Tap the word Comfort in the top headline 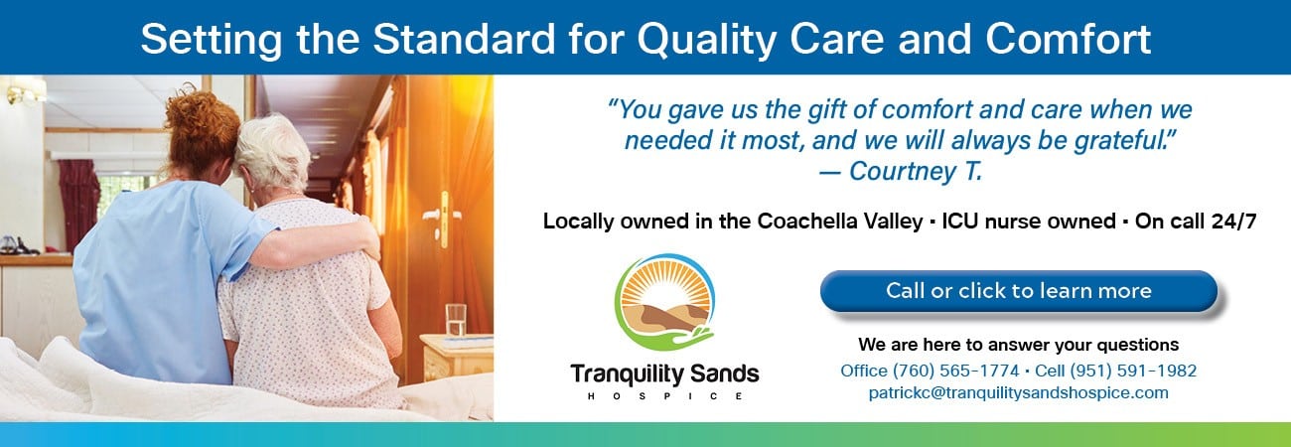point(1068,39)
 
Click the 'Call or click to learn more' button point(1018,291)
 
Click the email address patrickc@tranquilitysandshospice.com point(1018,392)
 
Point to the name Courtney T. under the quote point(916,171)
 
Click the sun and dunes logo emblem point(664,302)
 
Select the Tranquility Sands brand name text point(664,374)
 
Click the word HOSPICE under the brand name point(664,396)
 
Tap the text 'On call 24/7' point(1196,222)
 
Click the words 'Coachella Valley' point(839,222)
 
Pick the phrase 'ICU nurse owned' point(1029,222)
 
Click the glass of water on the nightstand point(456,320)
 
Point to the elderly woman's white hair point(273,150)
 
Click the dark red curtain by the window point(79,203)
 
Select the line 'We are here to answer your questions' point(1018,345)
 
